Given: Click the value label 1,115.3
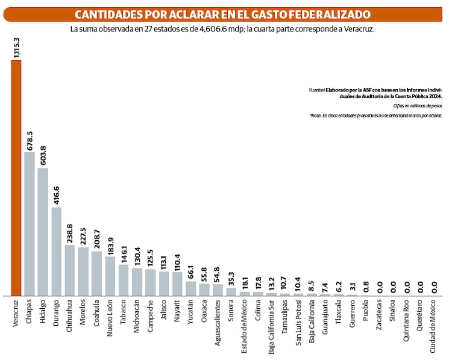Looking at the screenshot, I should [x=16, y=47].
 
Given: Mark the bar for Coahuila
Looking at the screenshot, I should [x=96, y=273].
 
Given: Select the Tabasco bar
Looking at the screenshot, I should [x=124, y=280].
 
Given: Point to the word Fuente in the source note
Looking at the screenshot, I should [x=316, y=90].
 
